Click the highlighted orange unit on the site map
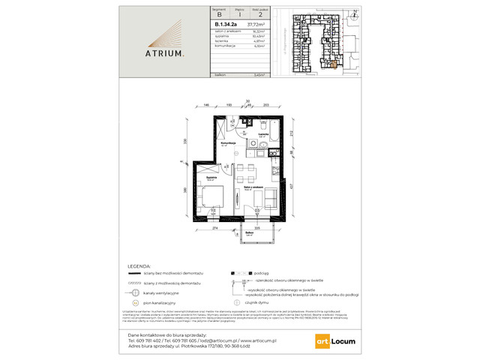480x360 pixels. click(x=334, y=64)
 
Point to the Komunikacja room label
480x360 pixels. click(x=229, y=143)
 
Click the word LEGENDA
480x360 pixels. click(x=143, y=266)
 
